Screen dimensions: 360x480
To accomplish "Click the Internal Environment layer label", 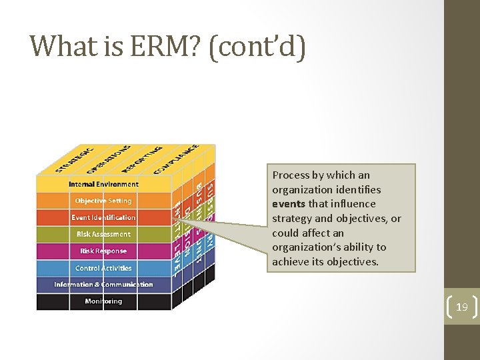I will tap(103, 184).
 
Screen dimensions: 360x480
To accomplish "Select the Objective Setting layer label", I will tap(103, 201).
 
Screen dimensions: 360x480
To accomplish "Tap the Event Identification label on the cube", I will tap(103, 217).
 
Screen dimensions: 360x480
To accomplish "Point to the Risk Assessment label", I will tap(103, 234).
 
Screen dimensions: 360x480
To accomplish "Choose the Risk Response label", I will tap(103, 251).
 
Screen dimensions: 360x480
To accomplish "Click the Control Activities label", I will tap(103, 268).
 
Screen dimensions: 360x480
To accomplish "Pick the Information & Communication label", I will tap(103, 285).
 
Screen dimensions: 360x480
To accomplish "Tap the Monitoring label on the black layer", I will tap(103, 301).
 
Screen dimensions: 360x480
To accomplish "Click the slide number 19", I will tap(462, 307).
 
